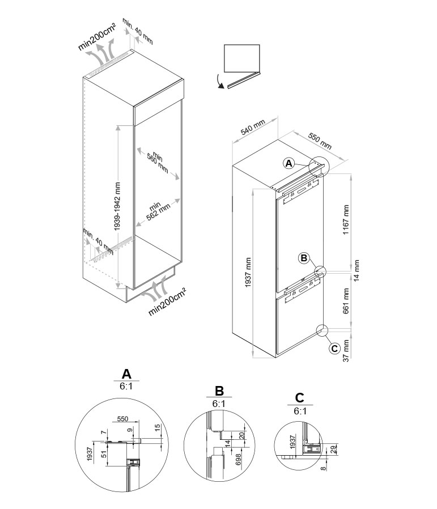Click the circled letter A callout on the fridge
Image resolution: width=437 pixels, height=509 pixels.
tap(289, 163)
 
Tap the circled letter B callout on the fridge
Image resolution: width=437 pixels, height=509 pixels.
tap(304, 258)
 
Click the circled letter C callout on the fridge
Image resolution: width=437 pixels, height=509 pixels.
tap(334, 347)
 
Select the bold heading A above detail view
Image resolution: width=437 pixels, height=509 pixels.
tap(126, 373)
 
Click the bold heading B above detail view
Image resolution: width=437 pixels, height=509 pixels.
tap(219, 391)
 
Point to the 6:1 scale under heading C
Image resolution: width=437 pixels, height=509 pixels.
tap(300, 412)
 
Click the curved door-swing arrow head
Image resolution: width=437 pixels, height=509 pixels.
tap(220, 86)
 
